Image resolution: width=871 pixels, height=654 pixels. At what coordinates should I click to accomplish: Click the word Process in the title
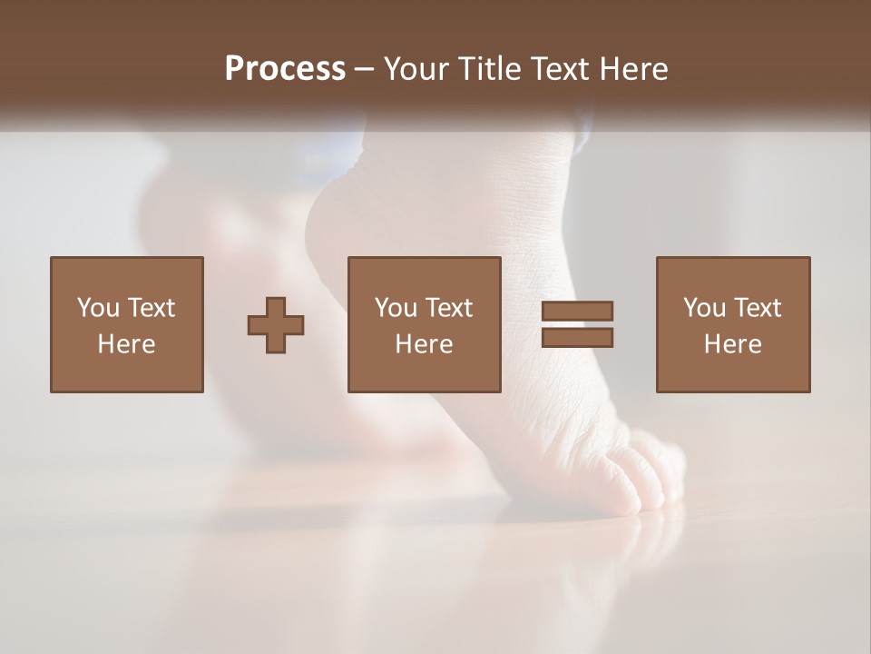[285, 69]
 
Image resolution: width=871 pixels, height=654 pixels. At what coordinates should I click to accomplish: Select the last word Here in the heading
[634, 69]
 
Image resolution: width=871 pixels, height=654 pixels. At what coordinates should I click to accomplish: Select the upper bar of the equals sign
[577, 311]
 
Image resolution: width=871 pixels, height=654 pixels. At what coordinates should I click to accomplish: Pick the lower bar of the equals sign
[577, 338]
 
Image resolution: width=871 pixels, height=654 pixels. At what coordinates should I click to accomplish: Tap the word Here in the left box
[126, 344]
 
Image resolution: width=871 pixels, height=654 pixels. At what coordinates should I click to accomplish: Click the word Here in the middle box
[424, 344]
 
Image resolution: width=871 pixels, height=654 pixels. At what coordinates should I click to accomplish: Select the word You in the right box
[704, 308]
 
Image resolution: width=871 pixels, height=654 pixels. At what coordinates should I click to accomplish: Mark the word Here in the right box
[732, 344]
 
